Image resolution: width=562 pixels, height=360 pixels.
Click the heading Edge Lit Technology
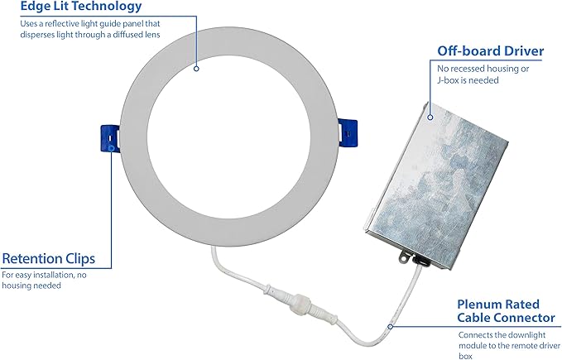coord(81,6)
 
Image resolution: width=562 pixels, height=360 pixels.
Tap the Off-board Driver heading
coord(490,51)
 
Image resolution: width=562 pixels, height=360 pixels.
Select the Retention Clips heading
coord(48,259)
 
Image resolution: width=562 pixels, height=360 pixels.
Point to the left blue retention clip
coord(110,138)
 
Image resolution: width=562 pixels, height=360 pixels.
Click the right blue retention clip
coord(348,133)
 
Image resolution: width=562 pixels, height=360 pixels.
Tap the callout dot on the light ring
coord(196,69)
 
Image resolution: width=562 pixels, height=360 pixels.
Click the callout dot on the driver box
coord(430,118)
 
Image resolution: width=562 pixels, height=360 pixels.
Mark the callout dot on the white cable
coord(391,326)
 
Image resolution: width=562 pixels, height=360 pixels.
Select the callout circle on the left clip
coord(111,148)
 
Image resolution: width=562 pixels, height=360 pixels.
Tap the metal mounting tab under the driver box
coord(405,257)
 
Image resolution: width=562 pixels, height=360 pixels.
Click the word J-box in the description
coord(448,80)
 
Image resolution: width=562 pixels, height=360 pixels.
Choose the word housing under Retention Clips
coord(16,286)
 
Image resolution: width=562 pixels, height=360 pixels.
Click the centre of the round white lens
coord(228,137)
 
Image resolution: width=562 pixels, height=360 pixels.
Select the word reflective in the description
coord(62,24)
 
